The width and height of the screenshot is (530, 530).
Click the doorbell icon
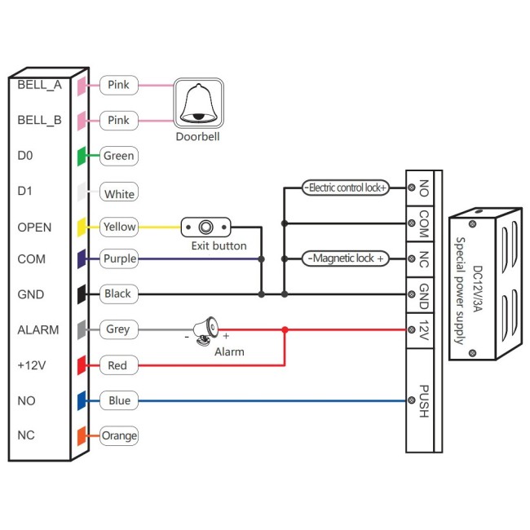(198, 103)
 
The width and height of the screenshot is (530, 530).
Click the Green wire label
(118, 156)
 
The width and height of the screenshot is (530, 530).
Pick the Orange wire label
(119, 436)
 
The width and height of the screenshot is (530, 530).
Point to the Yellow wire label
(119, 227)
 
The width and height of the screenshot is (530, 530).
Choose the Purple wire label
(119, 258)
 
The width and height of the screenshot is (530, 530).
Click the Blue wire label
(118, 400)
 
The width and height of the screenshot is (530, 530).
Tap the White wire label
(119, 194)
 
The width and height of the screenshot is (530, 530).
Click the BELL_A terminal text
(39, 85)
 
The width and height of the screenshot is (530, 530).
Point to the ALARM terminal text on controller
(38, 329)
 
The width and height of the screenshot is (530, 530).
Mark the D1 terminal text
(24, 192)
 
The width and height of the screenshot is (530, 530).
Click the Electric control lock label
(346, 188)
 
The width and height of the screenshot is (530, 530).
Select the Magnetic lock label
(346, 258)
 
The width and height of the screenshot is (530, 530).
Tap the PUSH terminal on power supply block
(423, 400)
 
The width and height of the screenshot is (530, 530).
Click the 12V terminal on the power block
(423, 330)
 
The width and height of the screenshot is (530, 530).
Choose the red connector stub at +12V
(82, 365)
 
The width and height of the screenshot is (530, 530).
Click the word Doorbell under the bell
(197, 137)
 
